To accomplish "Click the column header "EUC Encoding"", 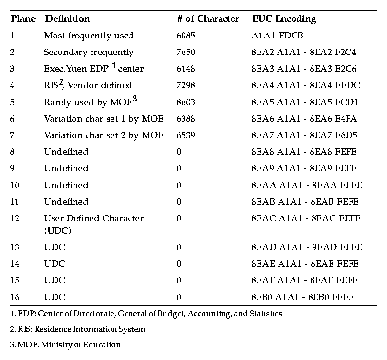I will [284, 19].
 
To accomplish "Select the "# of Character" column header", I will [208, 19].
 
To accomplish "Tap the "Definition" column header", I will [67, 19].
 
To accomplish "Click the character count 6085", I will [186, 36].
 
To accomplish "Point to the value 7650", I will [186, 52].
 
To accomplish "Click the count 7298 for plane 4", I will [186, 85].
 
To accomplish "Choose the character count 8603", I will [186, 102].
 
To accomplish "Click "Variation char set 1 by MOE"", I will [104, 119].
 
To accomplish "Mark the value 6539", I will [186, 135].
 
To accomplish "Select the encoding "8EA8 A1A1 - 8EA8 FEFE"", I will [304, 152].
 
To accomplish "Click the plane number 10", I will [15, 185].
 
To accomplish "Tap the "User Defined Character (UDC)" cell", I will [94, 224].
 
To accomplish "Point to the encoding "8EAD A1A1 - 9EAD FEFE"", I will [307, 247].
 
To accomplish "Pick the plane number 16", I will [15, 297].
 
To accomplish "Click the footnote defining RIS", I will [77, 329].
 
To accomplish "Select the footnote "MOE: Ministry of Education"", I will [65, 345].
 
